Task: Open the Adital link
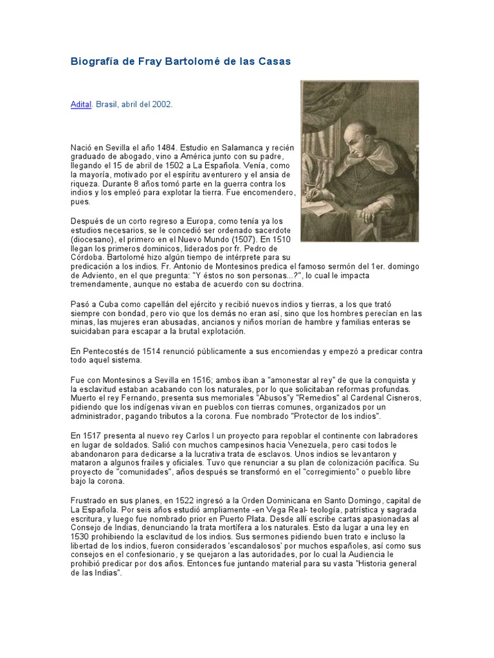pos(81,104)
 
